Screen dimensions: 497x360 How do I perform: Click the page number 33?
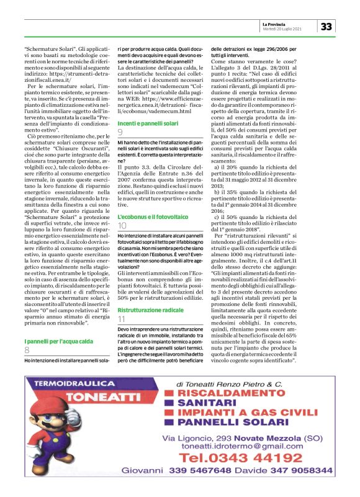[x=327, y=26]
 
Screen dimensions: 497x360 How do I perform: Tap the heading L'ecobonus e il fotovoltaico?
[x=153, y=217]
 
